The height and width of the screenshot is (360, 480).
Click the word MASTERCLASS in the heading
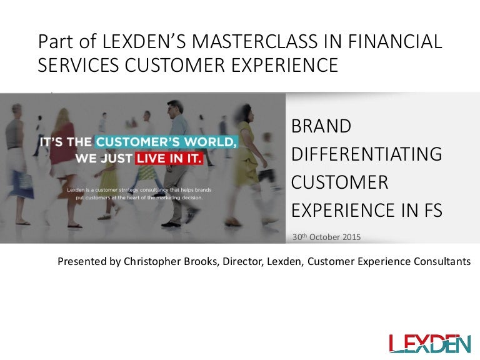coord(255,41)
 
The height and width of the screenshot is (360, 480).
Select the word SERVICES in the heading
coord(78,65)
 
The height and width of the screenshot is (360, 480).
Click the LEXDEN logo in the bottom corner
coord(430,344)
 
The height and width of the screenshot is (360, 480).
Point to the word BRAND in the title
coord(321,126)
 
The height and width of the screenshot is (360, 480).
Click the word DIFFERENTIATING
coord(367,154)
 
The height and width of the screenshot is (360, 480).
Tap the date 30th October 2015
coord(326,237)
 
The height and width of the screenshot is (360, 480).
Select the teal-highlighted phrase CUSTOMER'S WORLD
coord(166,142)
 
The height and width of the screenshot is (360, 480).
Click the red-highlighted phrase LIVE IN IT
coord(169,158)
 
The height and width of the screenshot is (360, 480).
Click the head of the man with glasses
coord(174,109)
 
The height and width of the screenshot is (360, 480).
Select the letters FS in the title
coord(433,210)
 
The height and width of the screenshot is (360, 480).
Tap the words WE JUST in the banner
coord(104,158)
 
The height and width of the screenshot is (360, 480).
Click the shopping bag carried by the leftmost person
coord(24,182)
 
